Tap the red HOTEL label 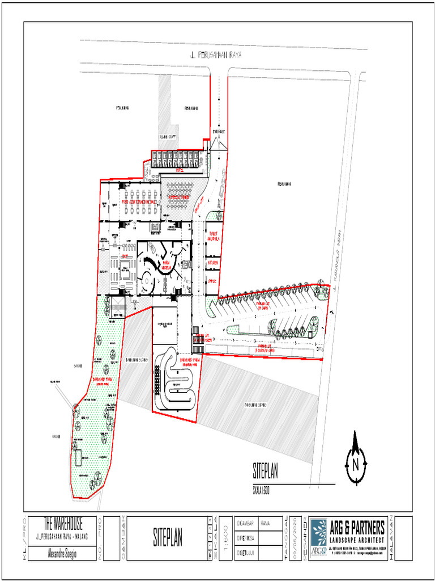[x=179, y=170]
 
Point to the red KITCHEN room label [x=213, y=263]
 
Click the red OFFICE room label [x=212, y=281]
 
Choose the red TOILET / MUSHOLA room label [x=214, y=236]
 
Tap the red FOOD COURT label [x=138, y=202]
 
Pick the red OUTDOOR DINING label [x=177, y=197]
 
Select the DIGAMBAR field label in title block [x=245, y=523]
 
